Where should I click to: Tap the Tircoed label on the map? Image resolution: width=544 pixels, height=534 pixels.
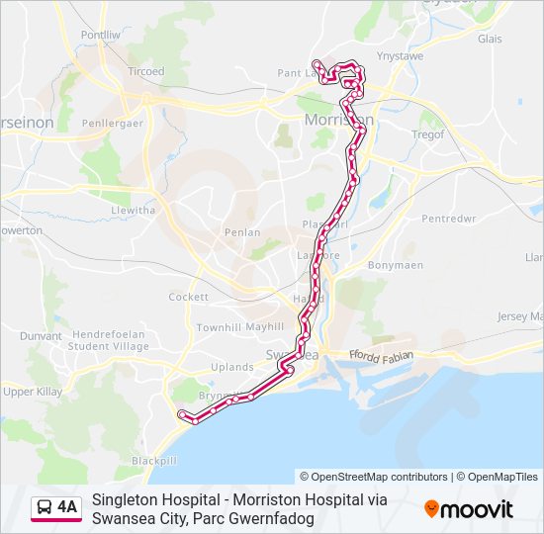(146, 72)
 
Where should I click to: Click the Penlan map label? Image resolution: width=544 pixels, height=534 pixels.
(242, 232)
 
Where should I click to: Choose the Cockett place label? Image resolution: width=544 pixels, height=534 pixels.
(189, 297)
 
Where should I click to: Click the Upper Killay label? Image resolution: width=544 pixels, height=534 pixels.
(33, 393)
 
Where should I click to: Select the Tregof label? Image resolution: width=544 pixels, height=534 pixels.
(428, 134)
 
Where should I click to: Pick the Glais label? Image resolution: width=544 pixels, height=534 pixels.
(490, 40)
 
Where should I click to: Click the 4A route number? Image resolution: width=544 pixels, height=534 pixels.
(67, 507)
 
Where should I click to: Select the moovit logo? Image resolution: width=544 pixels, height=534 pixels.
(469, 509)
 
